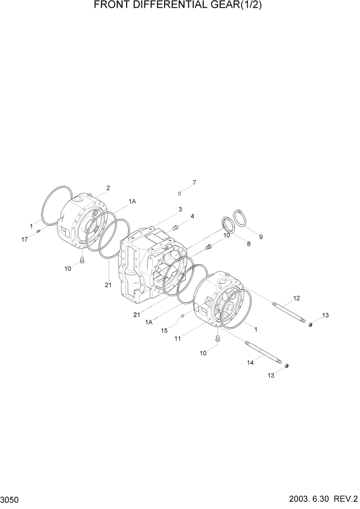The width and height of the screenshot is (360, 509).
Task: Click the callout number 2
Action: point(108,188)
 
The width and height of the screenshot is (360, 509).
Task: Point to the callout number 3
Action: point(180,209)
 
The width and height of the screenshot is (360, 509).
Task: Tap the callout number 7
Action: point(194,183)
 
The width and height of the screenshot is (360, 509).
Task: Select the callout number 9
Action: point(261,237)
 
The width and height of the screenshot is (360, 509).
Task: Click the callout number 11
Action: point(177,339)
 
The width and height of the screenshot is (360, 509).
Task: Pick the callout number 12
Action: point(296,298)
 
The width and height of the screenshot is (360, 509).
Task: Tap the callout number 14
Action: point(251,363)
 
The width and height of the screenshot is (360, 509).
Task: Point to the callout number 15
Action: point(165,331)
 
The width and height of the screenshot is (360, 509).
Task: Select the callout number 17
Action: point(24,239)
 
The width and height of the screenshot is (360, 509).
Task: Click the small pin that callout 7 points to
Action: point(180,193)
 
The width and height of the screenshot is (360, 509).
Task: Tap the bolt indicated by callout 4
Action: point(175,227)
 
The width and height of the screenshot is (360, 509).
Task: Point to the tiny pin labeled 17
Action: point(38,231)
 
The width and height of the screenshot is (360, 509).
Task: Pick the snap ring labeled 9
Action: point(241,219)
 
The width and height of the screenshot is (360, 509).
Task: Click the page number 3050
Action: point(10,499)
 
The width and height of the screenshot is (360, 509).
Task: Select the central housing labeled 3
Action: point(149,267)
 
